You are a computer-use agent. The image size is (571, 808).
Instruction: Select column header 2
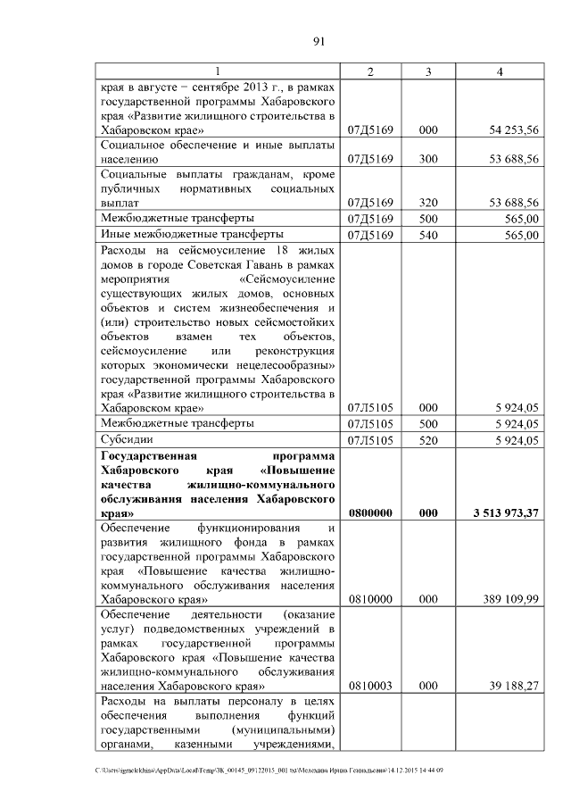(x=369, y=71)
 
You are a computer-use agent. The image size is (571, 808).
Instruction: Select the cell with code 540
(x=428, y=235)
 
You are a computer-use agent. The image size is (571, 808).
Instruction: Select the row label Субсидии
(x=127, y=439)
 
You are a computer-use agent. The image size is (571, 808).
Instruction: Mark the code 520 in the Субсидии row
(x=428, y=439)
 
